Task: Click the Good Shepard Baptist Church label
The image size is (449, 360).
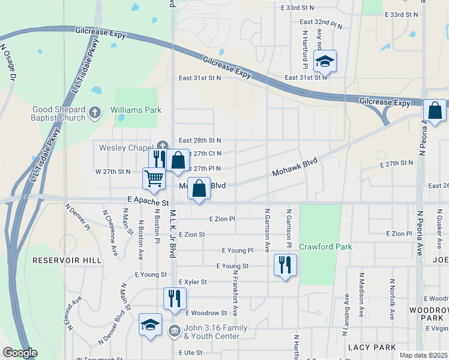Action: [51, 113]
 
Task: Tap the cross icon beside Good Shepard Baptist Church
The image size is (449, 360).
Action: [94, 112]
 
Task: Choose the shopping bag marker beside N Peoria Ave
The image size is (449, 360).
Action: [435, 110]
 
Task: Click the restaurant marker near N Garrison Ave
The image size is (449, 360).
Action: [285, 265]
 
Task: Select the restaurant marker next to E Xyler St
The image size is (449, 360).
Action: [175, 298]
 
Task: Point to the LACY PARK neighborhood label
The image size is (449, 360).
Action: [372, 347]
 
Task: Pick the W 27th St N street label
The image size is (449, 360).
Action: [113, 172]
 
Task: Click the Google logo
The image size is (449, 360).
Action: [20, 353]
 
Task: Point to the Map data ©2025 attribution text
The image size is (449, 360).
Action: [423, 355]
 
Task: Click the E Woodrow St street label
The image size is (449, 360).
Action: [206, 313]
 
